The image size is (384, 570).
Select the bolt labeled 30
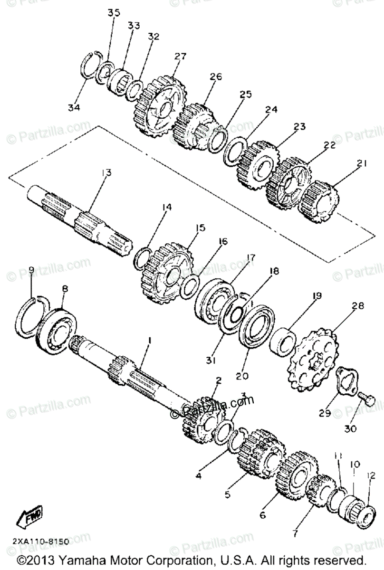[x=368, y=399]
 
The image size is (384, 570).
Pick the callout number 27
[x=180, y=57]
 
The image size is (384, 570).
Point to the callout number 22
[x=330, y=145]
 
